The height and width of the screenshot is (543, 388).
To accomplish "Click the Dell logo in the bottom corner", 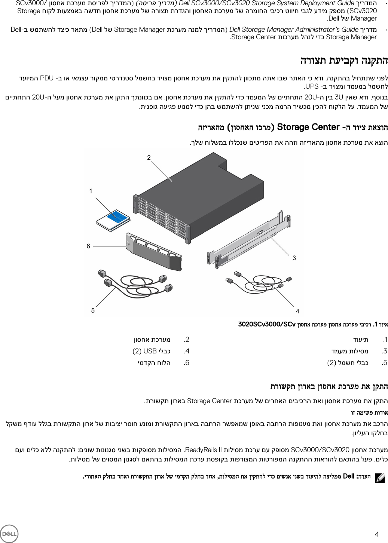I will (x=9, y=533).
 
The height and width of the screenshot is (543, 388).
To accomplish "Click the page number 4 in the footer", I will (x=376, y=534).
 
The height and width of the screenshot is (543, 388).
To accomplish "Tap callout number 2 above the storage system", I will (x=149, y=157).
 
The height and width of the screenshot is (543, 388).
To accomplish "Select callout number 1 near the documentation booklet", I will (x=91, y=191).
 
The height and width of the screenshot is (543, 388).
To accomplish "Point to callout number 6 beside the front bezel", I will (x=88, y=246).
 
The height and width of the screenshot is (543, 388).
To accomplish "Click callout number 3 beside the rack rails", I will (x=294, y=258).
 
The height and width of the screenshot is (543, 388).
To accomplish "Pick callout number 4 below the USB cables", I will (x=297, y=311).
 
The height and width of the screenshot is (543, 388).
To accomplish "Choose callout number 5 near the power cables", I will (x=93, y=310).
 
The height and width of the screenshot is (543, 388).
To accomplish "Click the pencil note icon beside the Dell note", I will (x=380, y=477).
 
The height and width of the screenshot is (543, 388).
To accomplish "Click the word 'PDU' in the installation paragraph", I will (x=47, y=78).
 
